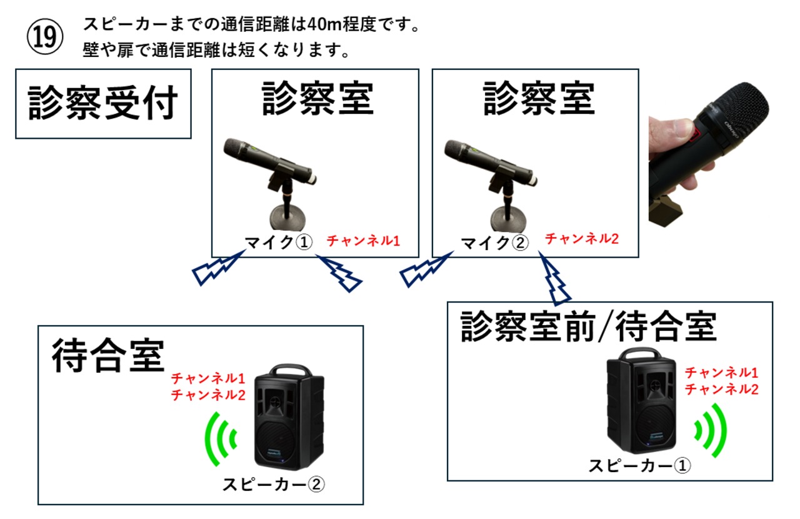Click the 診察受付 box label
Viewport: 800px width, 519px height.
pyautogui.click(x=103, y=103)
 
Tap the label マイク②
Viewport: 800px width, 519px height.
pyautogui.click(x=494, y=243)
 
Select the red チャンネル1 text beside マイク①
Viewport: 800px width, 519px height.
pyautogui.click(x=363, y=239)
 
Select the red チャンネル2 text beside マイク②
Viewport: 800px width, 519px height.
pyautogui.click(x=582, y=238)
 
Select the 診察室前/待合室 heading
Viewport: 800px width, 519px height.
pyautogui.click(x=588, y=326)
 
